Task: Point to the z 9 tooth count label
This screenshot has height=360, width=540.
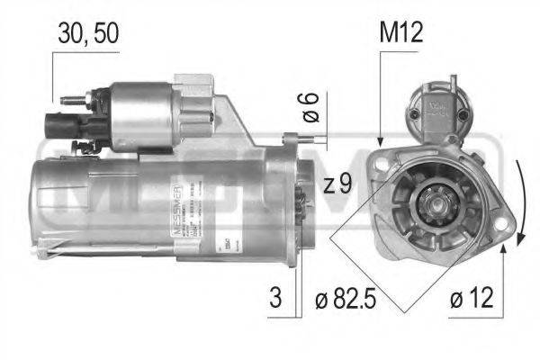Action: [x=337, y=185]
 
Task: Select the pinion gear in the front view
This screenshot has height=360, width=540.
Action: [x=430, y=199]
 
